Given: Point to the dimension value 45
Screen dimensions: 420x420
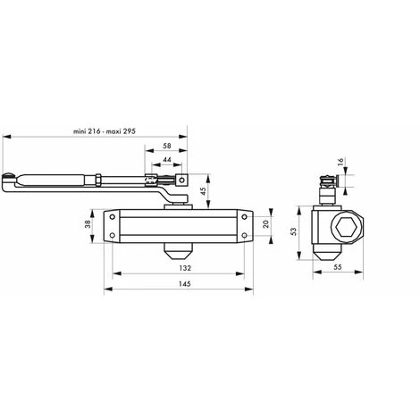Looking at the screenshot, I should pos(203,189).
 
